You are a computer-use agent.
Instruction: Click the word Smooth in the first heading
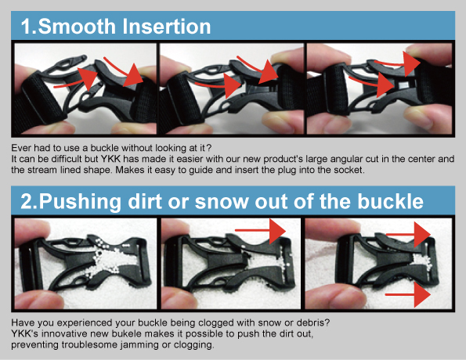77,27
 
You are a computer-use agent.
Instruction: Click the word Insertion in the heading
166,27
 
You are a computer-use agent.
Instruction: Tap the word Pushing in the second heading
80,202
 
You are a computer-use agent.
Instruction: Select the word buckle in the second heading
391,201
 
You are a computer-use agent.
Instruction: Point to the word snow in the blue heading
222,202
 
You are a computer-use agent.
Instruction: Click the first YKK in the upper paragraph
110,159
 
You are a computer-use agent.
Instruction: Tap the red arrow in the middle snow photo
260,231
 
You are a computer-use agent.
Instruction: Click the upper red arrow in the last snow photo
409,234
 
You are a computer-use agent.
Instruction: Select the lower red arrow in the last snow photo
408,295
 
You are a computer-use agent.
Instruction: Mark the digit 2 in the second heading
27,201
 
